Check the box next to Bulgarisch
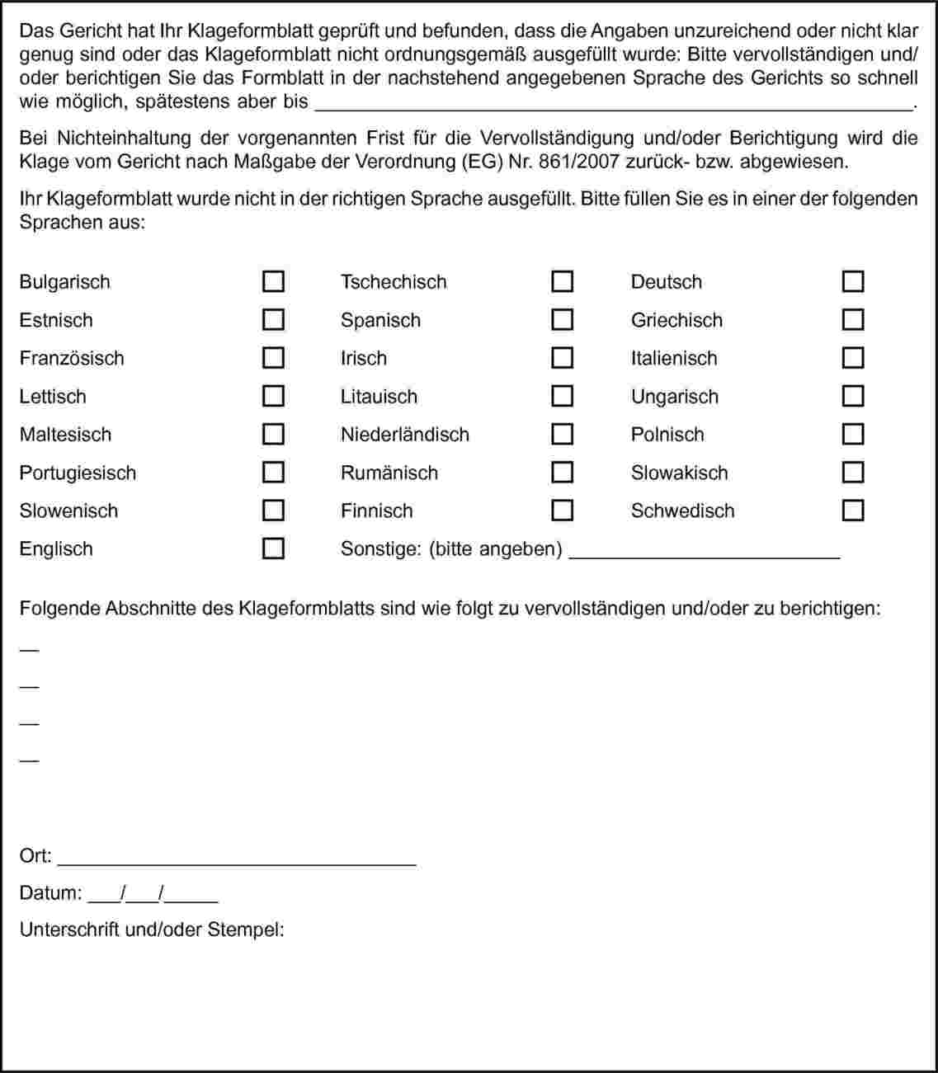click(x=273, y=282)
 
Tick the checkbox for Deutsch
click(x=853, y=282)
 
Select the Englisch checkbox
click(x=273, y=548)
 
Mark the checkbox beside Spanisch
click(x=562, y=320)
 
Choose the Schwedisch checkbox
click(x=853, y=511)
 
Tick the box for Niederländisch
click(x=562, y=434)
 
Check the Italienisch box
click(x=853, y=358)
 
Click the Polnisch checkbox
click(x=853, y=434)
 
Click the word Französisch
click(x=72, y=359)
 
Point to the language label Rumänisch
click(x=389, y=473)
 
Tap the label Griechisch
click(x=676, y=321)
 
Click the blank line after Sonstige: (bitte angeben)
click(x=705, y=553)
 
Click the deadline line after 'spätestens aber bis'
click(x=614, y=104)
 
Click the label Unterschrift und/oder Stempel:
click(x=152, y=930)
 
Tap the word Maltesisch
click(x=65, y=435)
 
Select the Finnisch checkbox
click(x=562, y=511)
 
